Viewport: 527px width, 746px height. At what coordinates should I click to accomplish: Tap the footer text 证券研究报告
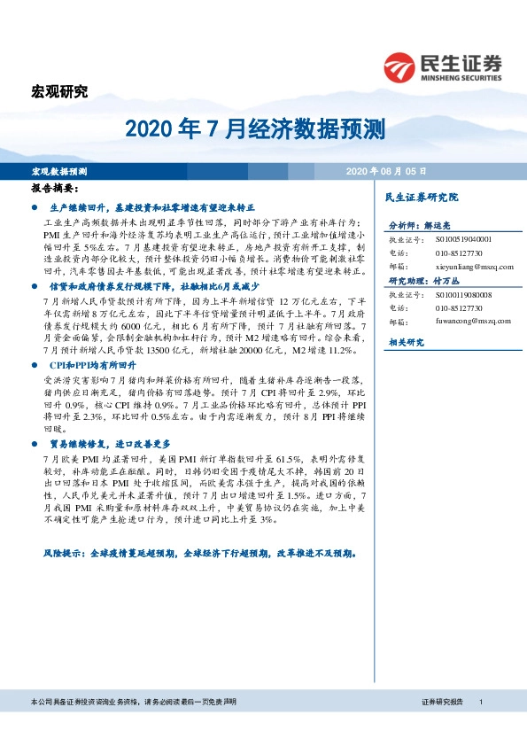443,702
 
